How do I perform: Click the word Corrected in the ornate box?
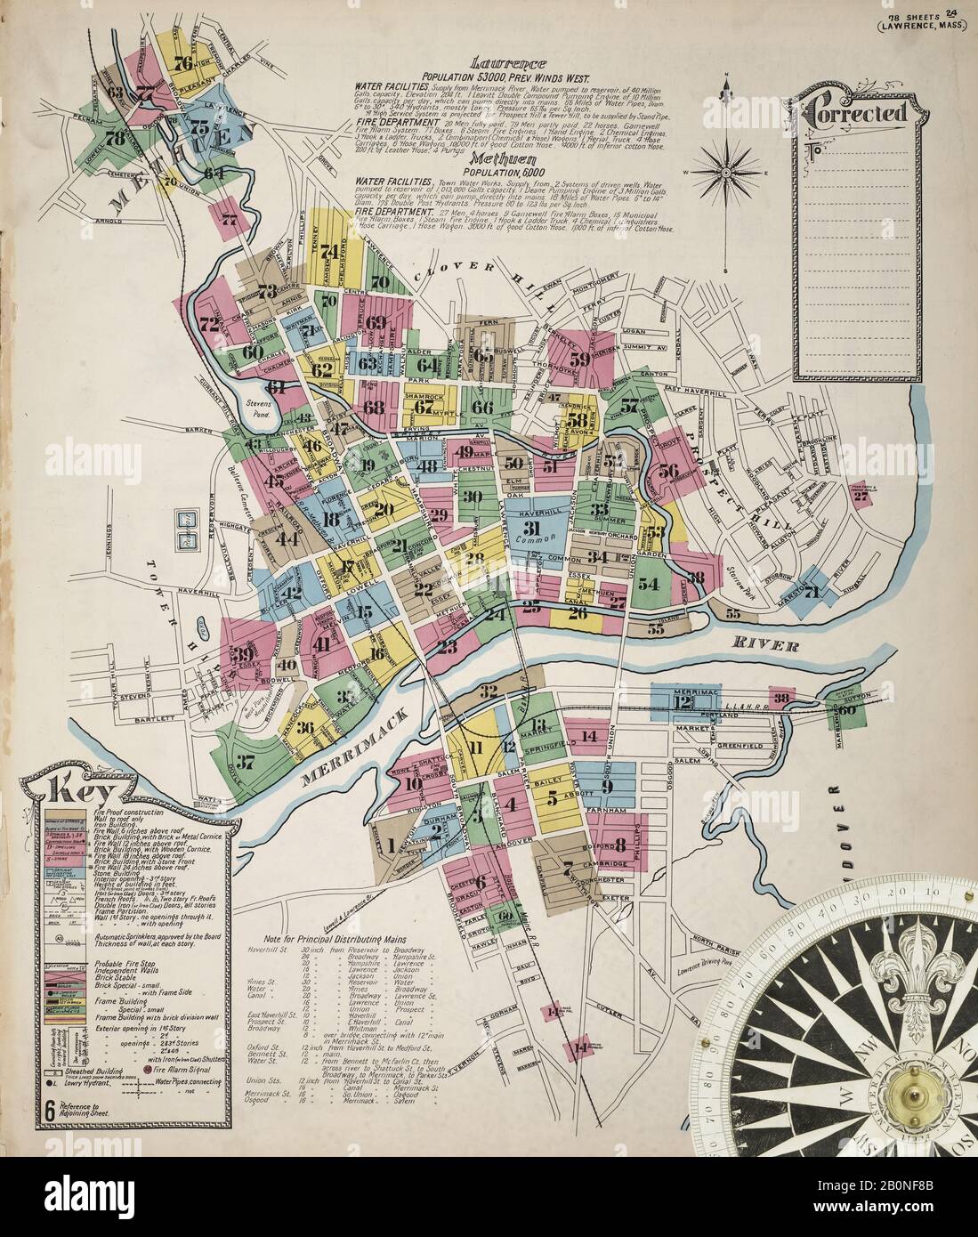(x=857, y=113)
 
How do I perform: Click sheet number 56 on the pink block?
(x=667, y=471)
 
